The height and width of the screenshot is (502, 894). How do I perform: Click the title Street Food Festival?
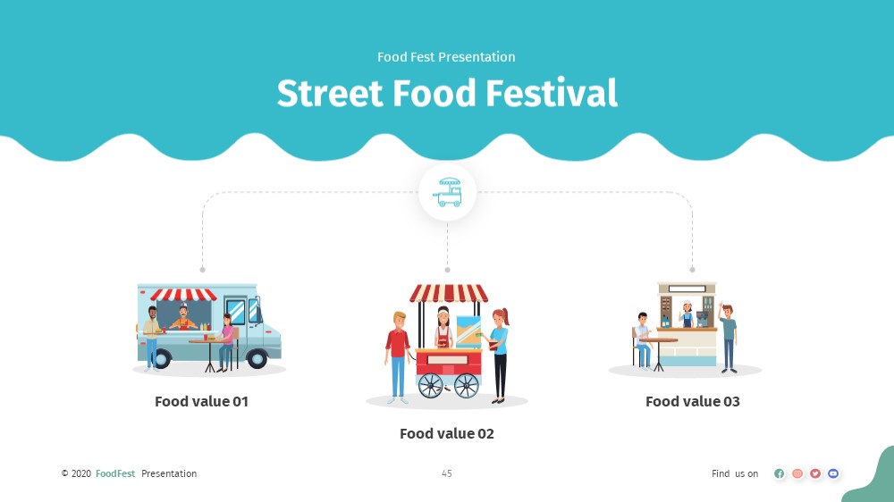click(447, 93)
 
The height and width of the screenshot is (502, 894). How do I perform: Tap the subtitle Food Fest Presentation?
click(446, 57)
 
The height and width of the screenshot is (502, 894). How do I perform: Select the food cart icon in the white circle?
click(448, 192)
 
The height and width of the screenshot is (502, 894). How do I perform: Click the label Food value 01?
click(202, 402)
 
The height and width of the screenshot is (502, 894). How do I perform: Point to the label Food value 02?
click(447, 433)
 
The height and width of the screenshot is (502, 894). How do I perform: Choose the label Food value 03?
click(693, 402)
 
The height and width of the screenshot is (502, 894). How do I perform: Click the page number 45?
click(447, 473)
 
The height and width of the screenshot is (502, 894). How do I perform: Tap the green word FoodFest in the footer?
click(115, 473)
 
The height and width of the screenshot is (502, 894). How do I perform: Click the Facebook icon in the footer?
click(780, 473)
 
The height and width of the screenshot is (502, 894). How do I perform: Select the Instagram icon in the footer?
click(797, 473)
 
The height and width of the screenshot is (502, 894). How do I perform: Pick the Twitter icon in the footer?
click(815, 473)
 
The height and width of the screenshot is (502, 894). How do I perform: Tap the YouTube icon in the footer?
click(833, 473)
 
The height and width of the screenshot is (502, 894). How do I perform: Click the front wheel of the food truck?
click(257, 358)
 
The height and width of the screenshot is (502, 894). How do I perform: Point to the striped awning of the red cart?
click(449, 294)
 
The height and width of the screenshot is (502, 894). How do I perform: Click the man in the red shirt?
click(398, 357)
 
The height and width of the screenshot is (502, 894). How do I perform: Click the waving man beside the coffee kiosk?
click(728, 339)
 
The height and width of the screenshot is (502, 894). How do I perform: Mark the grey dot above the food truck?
click(202, 270)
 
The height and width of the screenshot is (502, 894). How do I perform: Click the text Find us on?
click(735, 473)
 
